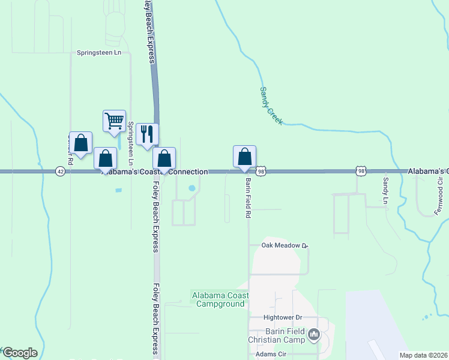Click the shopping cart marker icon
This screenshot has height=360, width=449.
click(x=114, y=121)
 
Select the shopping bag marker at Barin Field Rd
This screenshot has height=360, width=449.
click(x=245, y=157)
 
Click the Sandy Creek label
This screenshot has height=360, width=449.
click(x=271, y=106)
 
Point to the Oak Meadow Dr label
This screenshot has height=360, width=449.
click(x=284, y=245)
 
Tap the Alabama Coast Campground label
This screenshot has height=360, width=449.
click(x=220, y=299)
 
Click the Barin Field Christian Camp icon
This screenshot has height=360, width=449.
click(x=313, y=335)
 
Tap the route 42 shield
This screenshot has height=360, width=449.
click(x=60, y=171)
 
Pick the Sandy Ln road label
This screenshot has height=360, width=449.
click(x=386, y=190)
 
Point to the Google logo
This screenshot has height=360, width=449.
click(x=20, y=353)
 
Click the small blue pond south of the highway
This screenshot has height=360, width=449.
click(x=192, y=188)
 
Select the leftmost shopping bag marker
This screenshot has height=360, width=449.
click(x=81, y=143)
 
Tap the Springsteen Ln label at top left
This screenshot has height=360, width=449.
click(x=99, y=53)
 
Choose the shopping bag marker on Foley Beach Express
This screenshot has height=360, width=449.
click(x=164, y=158)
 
